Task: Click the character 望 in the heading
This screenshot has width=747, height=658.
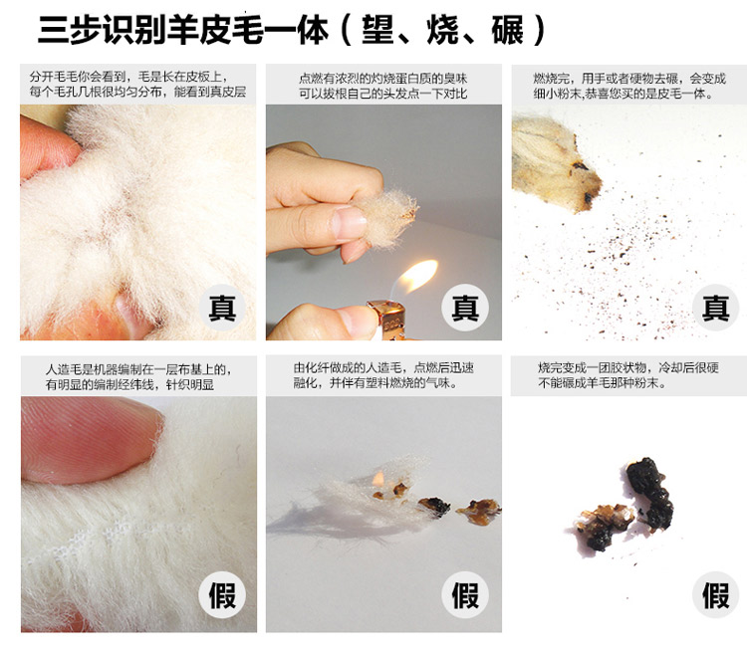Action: (378, 30)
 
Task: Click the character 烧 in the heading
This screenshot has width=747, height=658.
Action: (443, 30)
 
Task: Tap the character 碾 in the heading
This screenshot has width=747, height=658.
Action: (508, 30)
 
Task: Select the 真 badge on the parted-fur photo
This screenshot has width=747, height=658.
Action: (222, 308)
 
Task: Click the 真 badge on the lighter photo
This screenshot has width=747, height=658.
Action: (465, 308)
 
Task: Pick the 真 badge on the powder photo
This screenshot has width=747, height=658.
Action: (715, 308)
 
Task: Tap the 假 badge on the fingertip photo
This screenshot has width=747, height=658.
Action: (222, 594)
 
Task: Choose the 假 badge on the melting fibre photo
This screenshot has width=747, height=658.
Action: (465, 594)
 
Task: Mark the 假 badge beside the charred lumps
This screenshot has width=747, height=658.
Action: (715, 594)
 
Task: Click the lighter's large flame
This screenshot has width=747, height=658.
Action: (418, 275)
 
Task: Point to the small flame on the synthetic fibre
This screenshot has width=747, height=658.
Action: (378, 479)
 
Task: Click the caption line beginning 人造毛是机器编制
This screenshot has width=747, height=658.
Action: (138, 369)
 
